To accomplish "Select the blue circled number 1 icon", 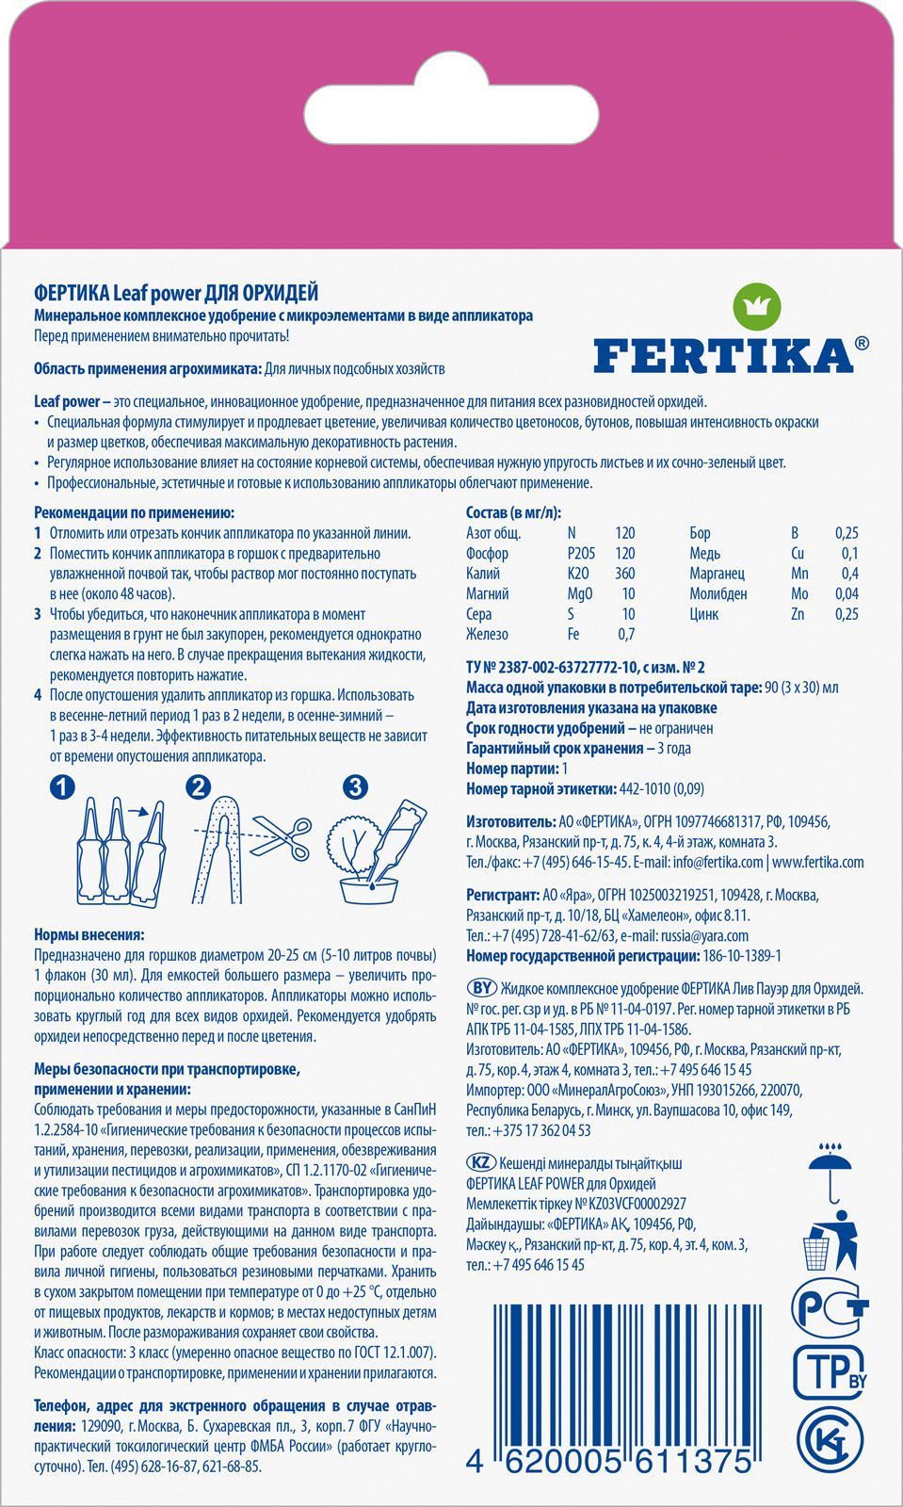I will point(61,787).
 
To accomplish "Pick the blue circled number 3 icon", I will point(354,786).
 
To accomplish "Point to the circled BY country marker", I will point(481,988).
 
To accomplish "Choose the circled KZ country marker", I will point(480,1163).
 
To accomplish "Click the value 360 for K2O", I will point(623,573).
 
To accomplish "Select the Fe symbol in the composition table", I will point(573,634).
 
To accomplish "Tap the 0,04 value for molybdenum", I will point(847,593).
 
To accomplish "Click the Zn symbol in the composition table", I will point(798,614).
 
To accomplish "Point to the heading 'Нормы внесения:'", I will point(89,935).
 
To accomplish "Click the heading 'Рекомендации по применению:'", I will point(134,512).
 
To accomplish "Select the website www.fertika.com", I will point(817,862).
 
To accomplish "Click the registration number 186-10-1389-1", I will point(741,956).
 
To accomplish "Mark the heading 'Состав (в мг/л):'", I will point(513,512).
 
